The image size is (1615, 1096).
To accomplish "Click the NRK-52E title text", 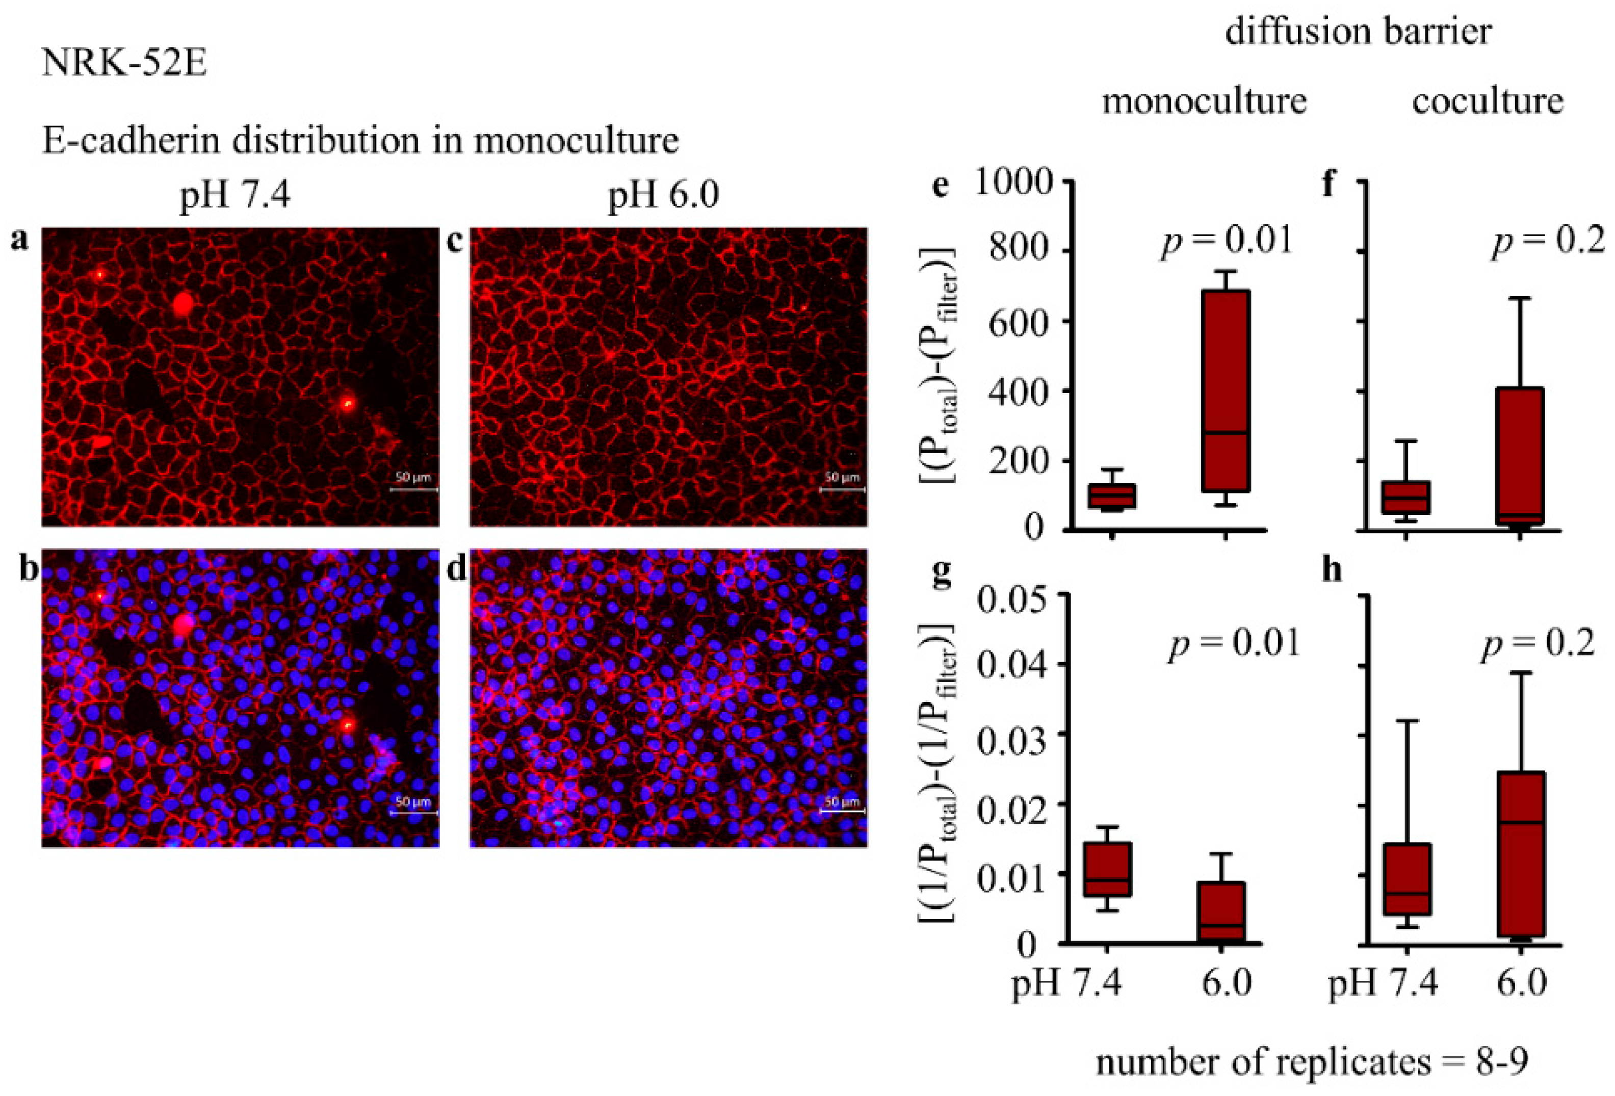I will pyautogui.click(x=124, y=64).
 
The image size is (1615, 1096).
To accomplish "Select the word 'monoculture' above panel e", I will pyautogui.click(x=1204, y=101).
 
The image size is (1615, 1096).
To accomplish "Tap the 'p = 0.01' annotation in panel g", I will pyautogui.click(x=1234, y=643).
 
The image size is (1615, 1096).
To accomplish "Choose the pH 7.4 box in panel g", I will pyautogui.click(x=1108, y=870).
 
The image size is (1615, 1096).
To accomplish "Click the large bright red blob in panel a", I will pyautogui.click(x=184, y=304).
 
